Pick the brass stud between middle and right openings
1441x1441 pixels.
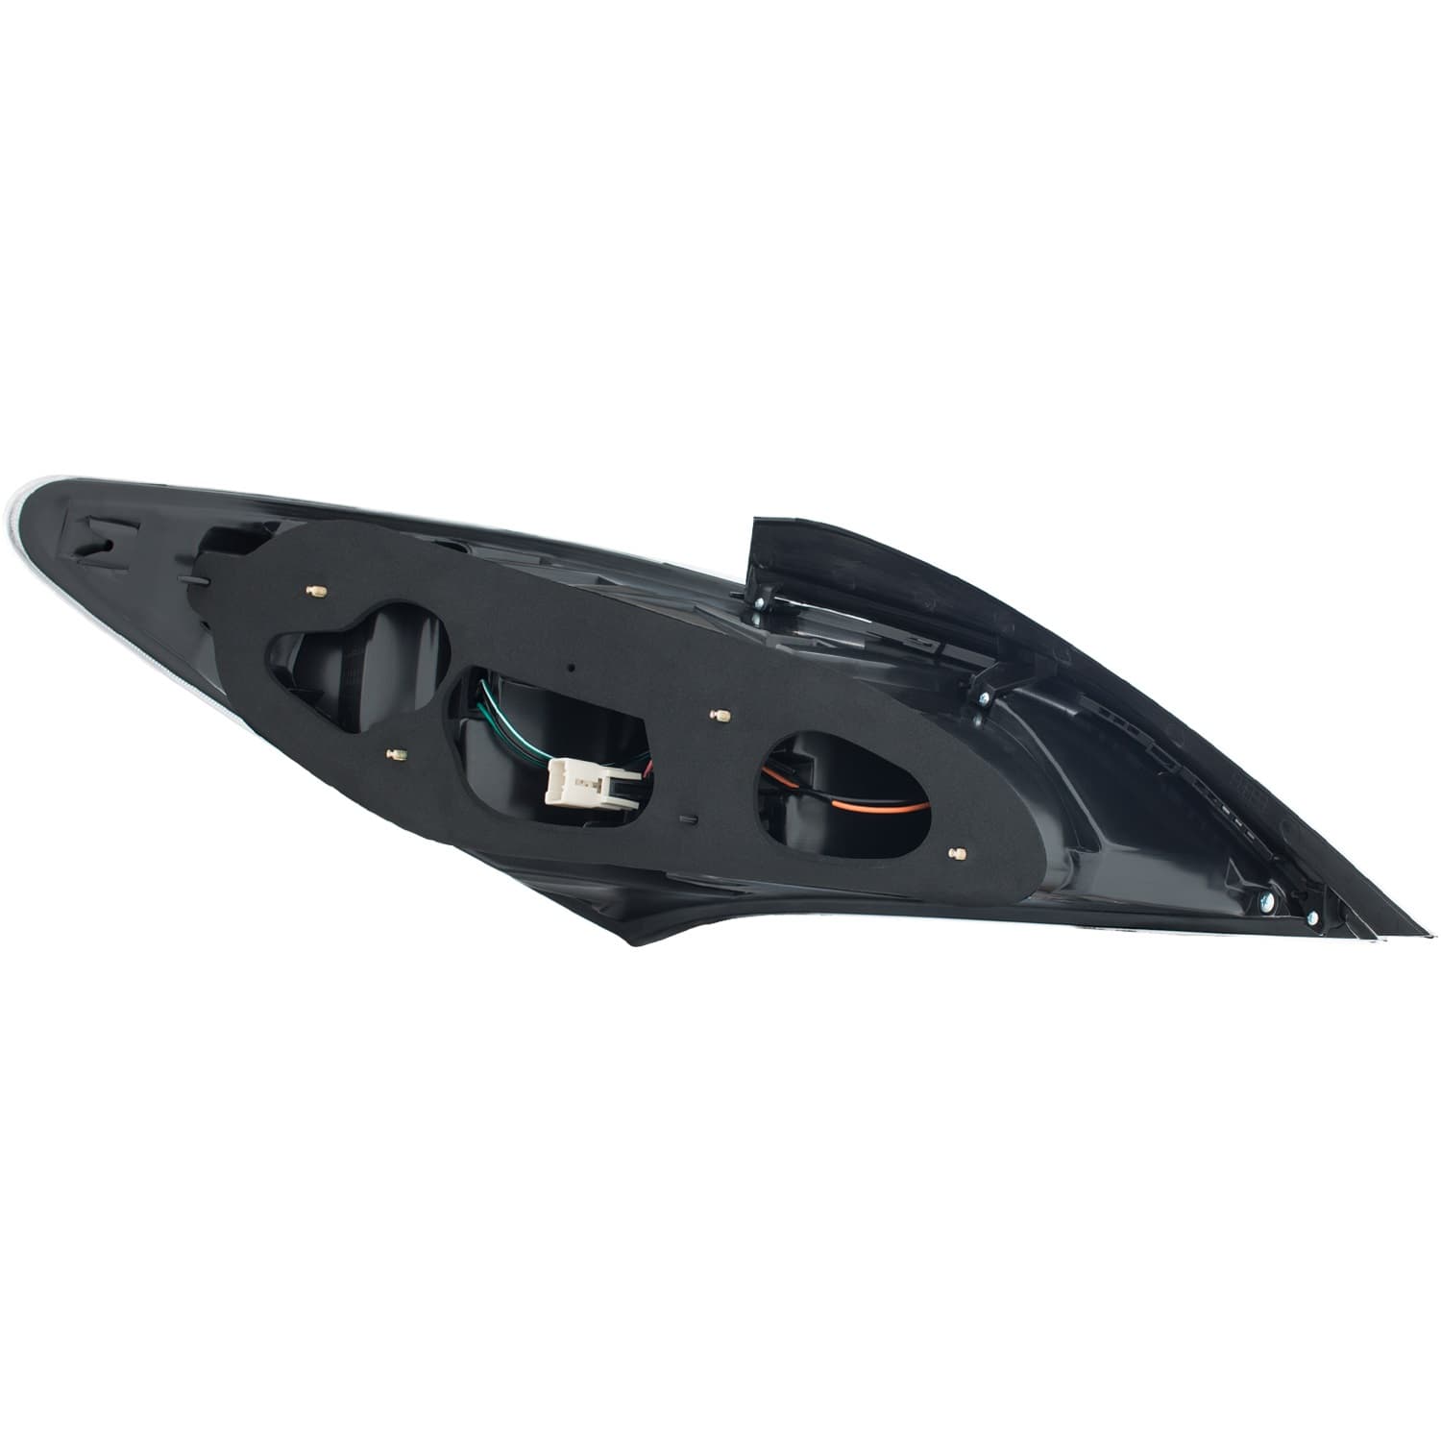point(721,715)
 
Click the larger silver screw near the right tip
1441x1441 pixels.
point(1264,900)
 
